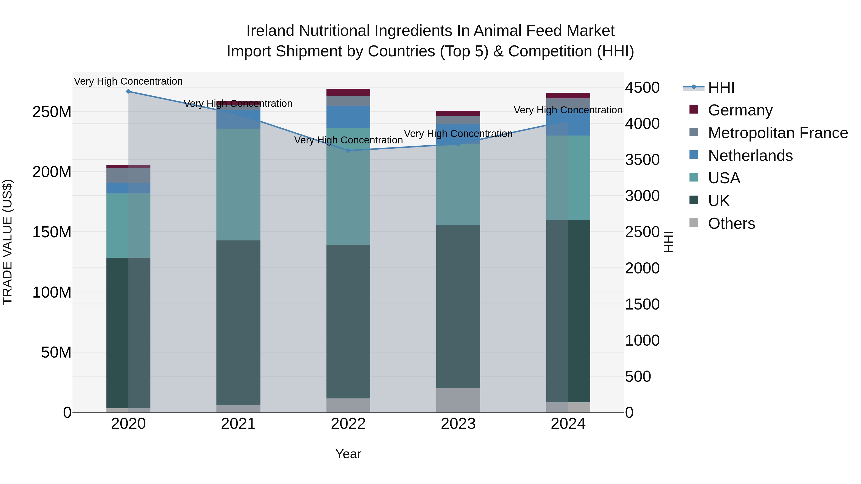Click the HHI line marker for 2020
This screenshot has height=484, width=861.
point(128,92)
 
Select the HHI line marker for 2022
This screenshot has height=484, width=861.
point(348,151)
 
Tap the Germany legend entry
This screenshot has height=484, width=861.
point(740,110)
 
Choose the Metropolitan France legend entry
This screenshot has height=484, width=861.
point(778,133)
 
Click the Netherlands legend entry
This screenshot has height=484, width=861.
point(750,156)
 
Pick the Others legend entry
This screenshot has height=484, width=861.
point(731,223)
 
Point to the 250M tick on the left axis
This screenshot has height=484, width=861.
point(52,112)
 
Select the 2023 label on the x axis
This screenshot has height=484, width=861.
point(458,424)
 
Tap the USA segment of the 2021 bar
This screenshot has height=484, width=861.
point(238,184)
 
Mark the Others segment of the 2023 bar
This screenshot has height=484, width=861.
point(458,400)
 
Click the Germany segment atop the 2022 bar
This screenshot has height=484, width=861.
point(348,92)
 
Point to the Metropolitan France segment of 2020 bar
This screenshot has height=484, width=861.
point(128,175)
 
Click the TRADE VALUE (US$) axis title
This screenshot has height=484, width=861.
point(7,242)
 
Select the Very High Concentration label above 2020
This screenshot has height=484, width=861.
point(128,81)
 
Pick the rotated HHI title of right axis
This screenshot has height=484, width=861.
point(668,242)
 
